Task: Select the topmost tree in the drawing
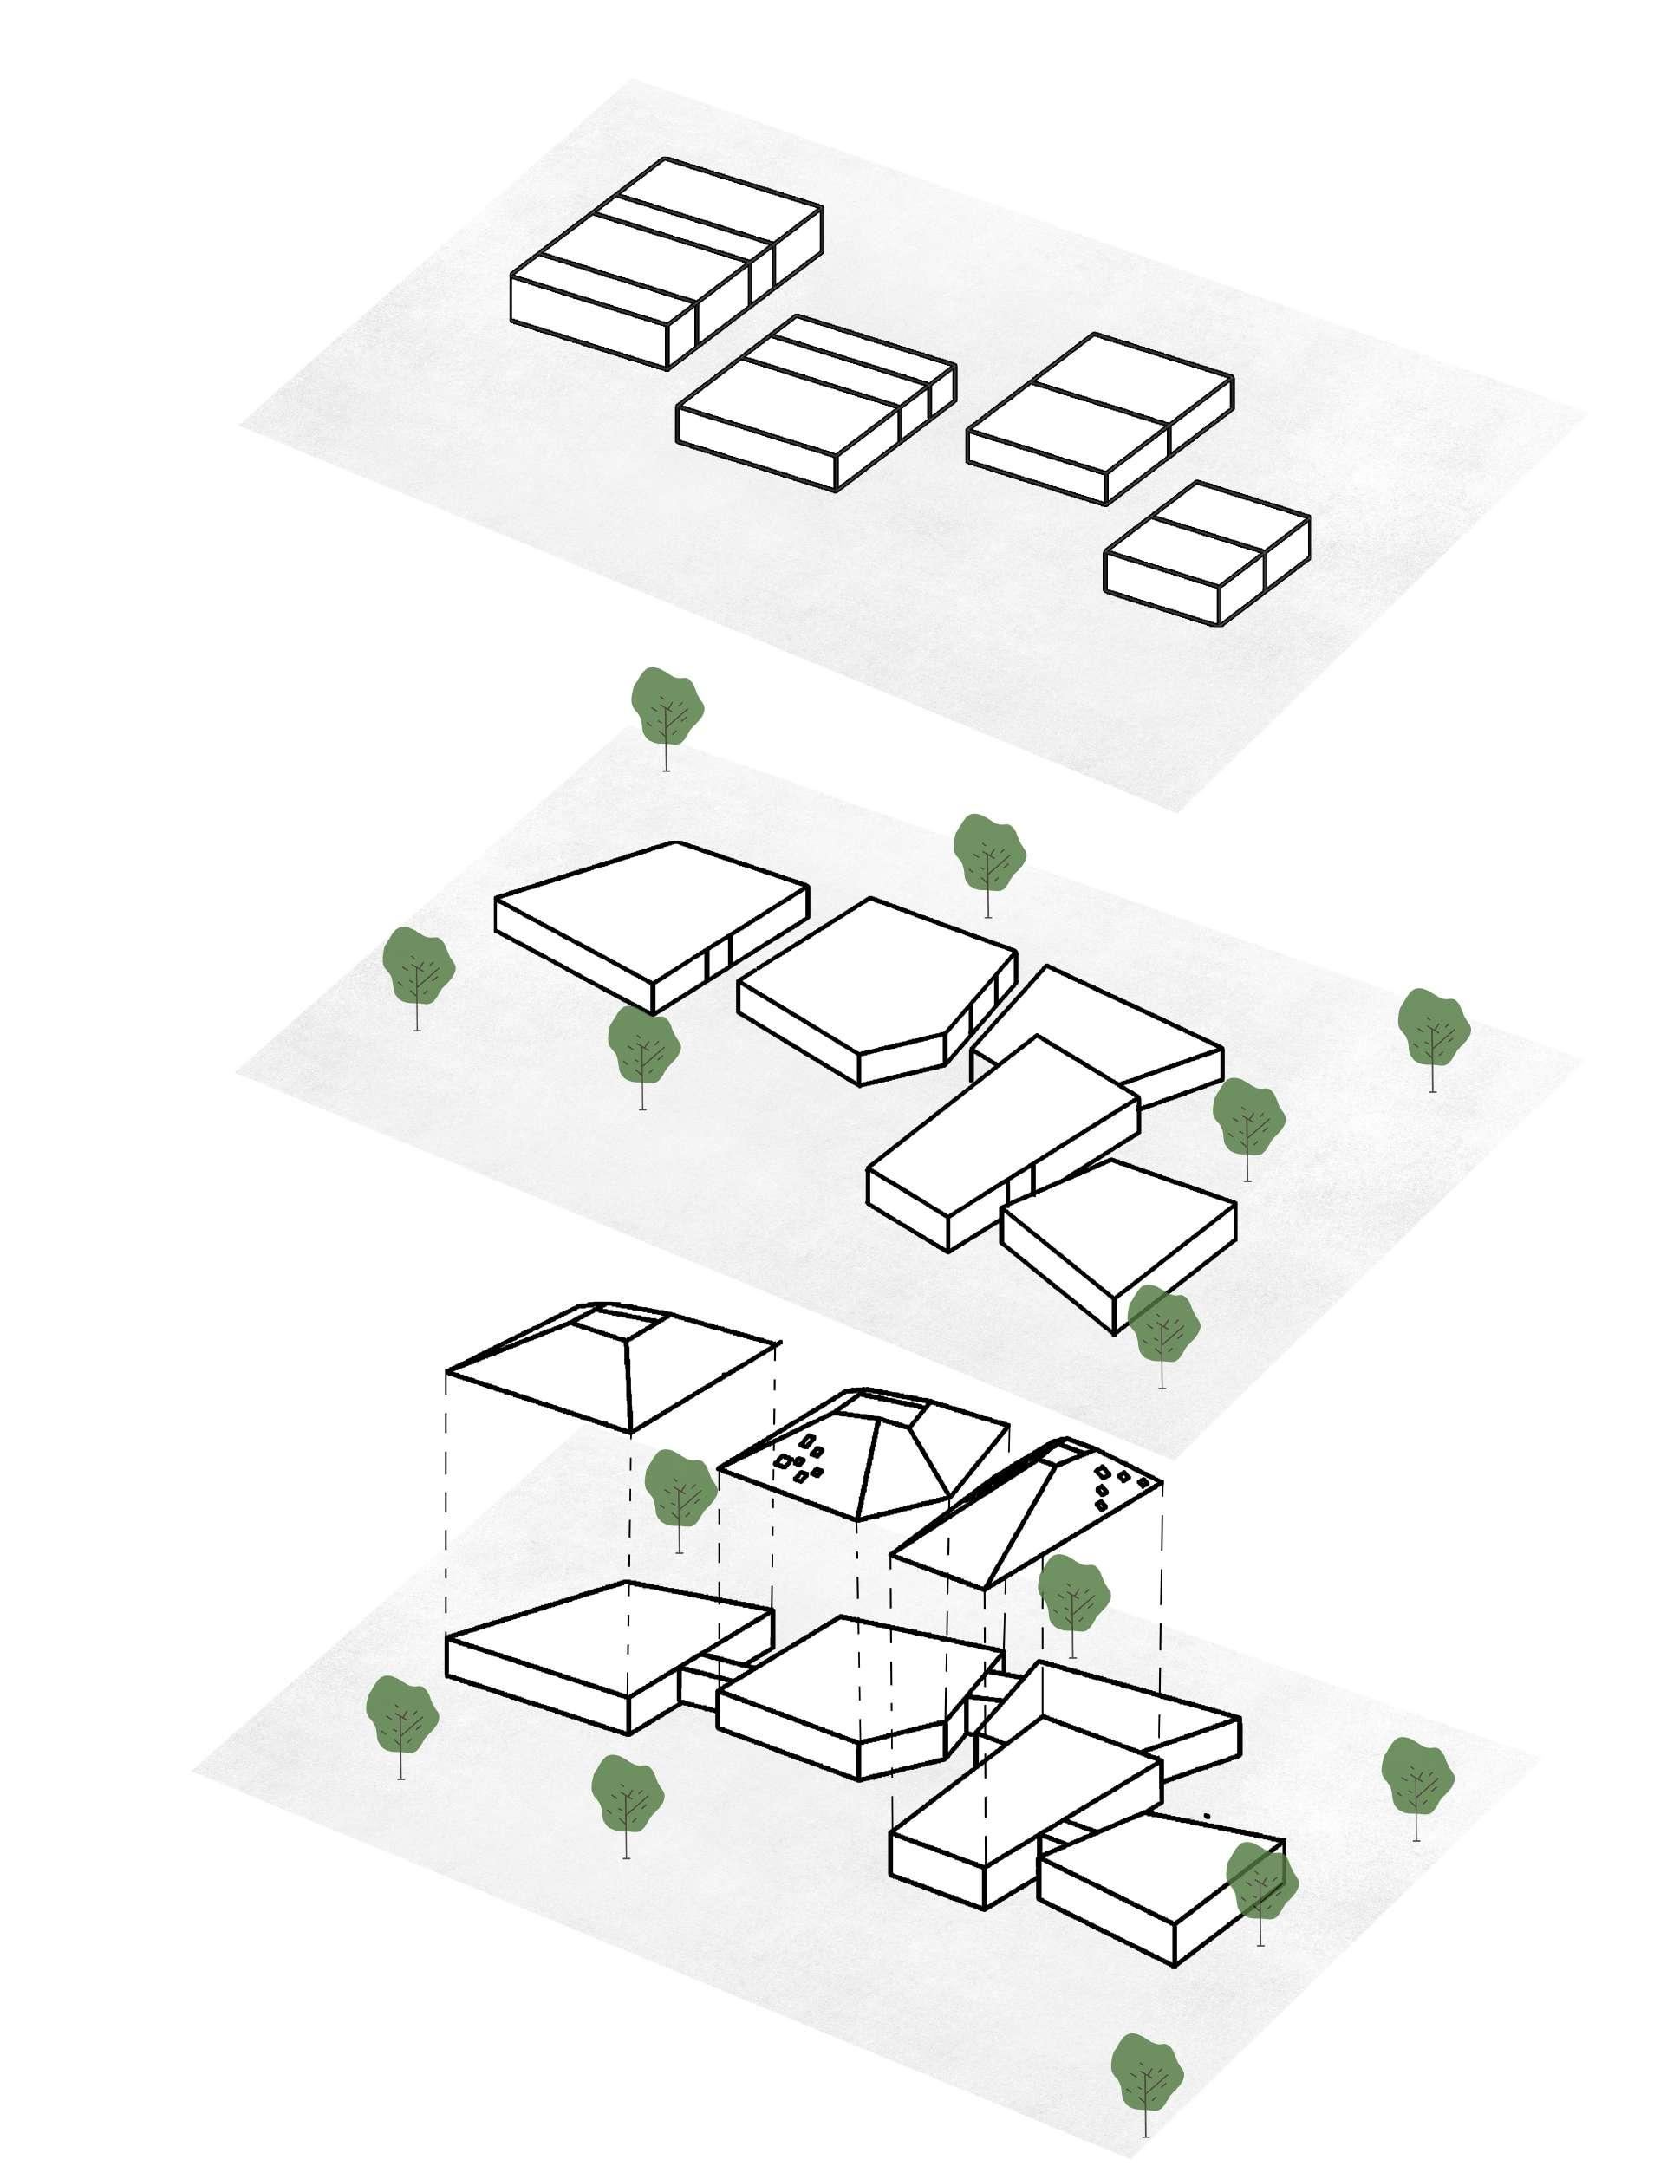pyautogui.click(x=667, y=706)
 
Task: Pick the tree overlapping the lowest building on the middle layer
pyautogui.click(x=1162, y=1325)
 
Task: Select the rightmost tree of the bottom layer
pyautogui.click(x=1416, y=1775)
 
